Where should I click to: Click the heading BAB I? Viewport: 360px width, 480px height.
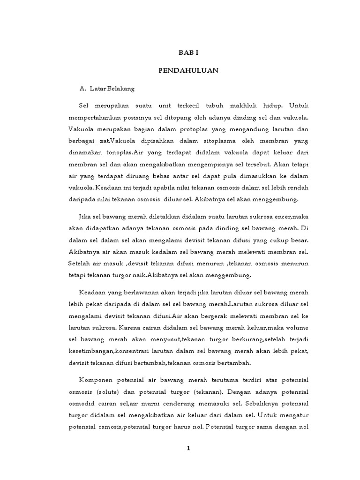coord(188,54)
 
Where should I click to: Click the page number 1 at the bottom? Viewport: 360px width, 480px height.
coord(188,448)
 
